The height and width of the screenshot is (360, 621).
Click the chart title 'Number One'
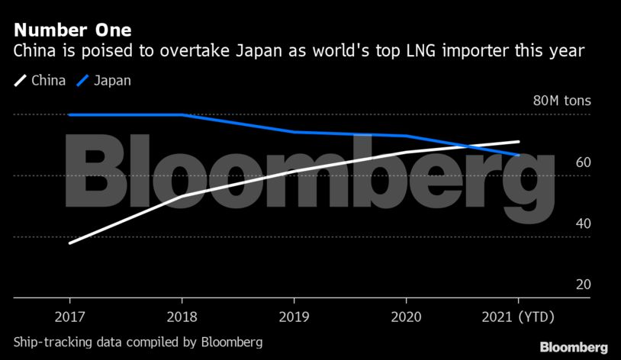[x=72, y=31]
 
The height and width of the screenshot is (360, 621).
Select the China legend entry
[x=40, y=80]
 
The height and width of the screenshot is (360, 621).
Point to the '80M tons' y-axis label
[x=561, y=101]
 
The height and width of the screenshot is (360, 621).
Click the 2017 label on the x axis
[x=69, y=317]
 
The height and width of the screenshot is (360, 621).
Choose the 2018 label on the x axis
[x=182, y=317]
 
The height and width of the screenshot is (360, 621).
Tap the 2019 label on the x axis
[x=294, y=317]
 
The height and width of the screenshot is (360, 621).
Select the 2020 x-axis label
[x=407, y=317]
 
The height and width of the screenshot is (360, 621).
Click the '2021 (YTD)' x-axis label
[x=519, y=317]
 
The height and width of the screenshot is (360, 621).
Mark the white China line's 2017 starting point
[x=69, y=243]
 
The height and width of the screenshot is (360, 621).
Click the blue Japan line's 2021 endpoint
[x=519, y=155]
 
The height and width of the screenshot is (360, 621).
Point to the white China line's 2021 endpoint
[x=519, y=142]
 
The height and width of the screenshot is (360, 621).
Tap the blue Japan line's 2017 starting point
[x=69, y=114]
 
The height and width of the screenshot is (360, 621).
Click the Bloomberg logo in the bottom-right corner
[x=574, y=347]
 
